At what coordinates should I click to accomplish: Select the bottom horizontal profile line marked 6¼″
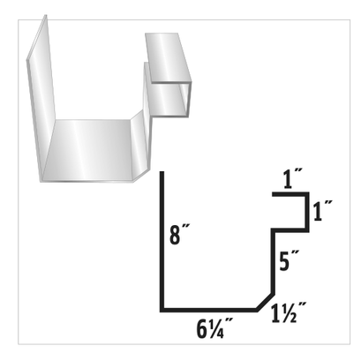pos(208,310)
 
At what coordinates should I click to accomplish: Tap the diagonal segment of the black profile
pos(264,301)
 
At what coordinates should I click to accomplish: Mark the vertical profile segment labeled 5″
pos(272,260)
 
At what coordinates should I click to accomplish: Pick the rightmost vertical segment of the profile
pos(306,214)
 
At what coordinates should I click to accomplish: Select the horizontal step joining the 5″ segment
pos(289,229)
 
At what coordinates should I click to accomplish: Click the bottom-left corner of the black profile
pos(162,310)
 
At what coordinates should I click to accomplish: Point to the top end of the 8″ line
pos(162,175)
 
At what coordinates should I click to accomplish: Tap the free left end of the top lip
pos(274,198)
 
